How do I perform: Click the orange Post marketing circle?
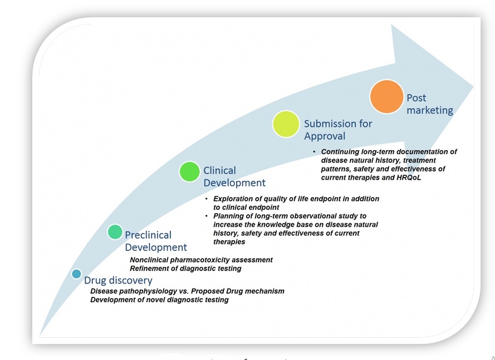pos(386,97)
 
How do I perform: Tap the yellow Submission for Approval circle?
pos(286,124)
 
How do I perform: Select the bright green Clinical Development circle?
pos(189,171)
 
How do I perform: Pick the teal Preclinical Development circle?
pos(115,231)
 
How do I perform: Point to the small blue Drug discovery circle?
pos(76,274)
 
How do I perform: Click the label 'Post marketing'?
pos(429,104)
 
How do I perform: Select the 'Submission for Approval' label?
pos(337,130)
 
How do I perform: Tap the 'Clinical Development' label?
pos(234,176)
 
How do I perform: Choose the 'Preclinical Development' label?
pos(155,241)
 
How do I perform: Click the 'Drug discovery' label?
pos(118,280)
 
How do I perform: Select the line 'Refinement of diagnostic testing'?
pos(185,269)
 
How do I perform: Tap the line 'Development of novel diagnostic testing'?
pos(159,300)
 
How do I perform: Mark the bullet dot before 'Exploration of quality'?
pos(207,199)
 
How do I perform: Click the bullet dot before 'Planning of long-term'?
pos(207,216)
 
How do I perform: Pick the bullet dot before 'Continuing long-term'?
pos(315,152)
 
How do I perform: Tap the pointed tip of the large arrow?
pos(473,87)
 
